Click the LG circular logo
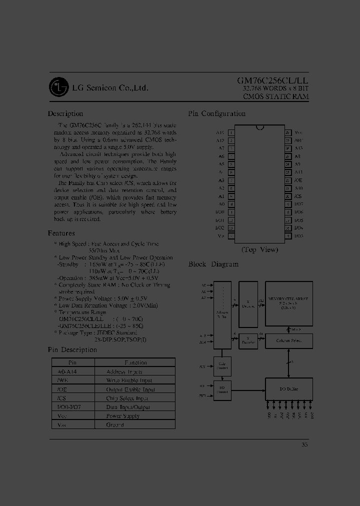58,87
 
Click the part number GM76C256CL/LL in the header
272,80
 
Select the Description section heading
65,113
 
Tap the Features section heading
61,233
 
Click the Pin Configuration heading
217,113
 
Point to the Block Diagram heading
213,264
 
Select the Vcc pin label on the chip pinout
298,132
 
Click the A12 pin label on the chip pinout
220,140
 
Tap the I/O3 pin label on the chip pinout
299,235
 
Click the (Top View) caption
259,249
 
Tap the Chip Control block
222,365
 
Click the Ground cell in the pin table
115,424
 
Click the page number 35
305,444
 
